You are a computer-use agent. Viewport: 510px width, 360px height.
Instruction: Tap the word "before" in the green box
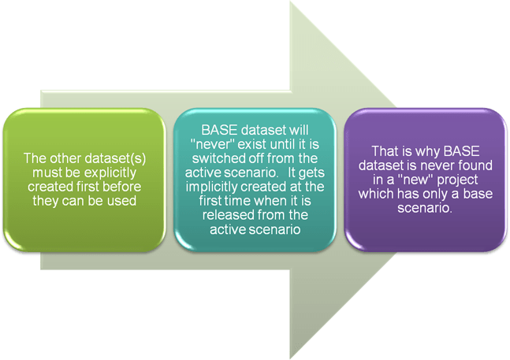[125, 187]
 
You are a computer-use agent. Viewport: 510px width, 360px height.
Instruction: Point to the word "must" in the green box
[50, 173]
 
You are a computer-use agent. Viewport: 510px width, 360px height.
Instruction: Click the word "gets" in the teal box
[311, 173]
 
